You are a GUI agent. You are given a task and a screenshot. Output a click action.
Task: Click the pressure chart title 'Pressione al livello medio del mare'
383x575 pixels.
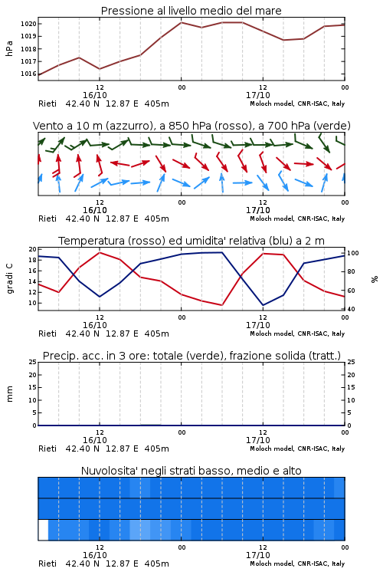[x=191, y=11]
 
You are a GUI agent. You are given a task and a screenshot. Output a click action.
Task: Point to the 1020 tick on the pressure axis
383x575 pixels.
[x=28, y=24]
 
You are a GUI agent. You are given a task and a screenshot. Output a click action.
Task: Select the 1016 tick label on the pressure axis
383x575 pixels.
[x=28, y=74]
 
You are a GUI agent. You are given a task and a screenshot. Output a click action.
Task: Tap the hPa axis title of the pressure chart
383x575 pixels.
[x=9, y=48]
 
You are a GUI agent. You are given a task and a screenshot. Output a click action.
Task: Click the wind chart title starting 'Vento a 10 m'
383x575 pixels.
[x=191, y=126]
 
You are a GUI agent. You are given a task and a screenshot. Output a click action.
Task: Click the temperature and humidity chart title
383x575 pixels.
[x=191, y=241]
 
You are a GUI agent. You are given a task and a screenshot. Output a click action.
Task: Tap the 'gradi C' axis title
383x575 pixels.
[x=10, y=279]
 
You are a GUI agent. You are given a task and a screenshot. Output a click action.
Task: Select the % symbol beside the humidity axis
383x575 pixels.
[x=375, y=279]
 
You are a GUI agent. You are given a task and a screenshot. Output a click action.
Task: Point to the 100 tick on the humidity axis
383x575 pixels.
[x=353, y=253]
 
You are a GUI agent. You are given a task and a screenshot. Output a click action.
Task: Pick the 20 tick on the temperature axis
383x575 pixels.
[x=33, y=249]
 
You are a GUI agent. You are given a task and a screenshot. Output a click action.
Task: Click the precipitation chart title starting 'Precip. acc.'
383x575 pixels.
[x=191, y=356]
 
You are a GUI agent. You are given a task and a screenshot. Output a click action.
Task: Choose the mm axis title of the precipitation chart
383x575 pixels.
[x=10, y=394]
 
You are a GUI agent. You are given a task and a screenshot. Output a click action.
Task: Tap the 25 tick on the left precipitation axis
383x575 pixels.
[x=33, y=362]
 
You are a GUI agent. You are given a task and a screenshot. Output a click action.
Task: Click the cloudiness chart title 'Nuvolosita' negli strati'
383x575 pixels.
[x=191, y=471]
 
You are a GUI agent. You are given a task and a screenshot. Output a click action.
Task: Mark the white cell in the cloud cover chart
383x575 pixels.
[x=43, y=530]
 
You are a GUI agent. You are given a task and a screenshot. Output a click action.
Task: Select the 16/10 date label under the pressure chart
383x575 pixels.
[x=95, y=95]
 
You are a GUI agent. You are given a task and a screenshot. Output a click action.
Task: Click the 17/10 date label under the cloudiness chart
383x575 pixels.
[x=258, y=555]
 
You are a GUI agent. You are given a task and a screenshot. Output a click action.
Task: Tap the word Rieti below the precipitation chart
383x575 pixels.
[x=47, y=449]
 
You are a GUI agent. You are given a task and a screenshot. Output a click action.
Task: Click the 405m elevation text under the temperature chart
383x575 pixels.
[x=157, y=333]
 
